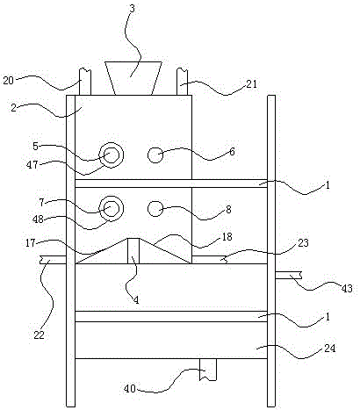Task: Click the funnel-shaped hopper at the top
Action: [133, 78]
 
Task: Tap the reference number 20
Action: [9, 80]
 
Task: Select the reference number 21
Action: [251, 84]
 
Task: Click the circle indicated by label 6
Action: [155, 155]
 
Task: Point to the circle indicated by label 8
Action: [155, 209]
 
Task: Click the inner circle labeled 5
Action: [112, 155]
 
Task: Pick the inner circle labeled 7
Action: [112, 208]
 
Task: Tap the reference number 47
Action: [32, 165]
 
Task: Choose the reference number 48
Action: [38, 219]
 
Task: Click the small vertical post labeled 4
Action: [133, 251]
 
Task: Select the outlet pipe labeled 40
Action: [208, 370]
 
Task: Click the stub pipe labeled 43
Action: [289, 275]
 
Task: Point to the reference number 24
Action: [329, 349]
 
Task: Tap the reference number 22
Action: [39, 335]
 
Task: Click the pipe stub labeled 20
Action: [85, 82]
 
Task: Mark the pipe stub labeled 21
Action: [182, 82]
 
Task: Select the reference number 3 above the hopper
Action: [133, 9]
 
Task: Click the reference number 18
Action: [227, 236]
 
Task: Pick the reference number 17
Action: [31, 243]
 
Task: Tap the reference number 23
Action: [303, 242]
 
